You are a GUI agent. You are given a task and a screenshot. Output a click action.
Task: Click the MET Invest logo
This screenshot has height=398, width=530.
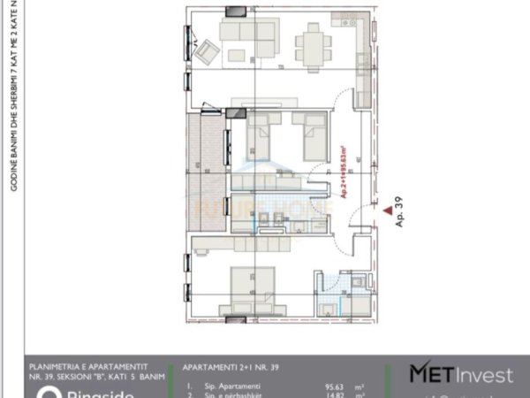pyautogui.click(x=460, y=375)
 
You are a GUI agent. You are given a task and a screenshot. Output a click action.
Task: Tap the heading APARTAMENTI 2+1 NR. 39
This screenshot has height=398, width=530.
pyautogui.click(x=232, y=366)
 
